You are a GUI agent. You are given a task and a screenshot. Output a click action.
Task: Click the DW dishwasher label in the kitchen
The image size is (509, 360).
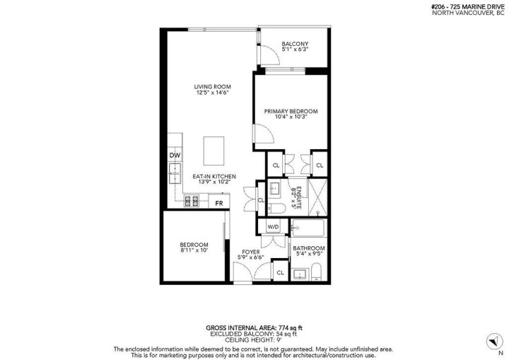pyautogui.click(x=175, y=155)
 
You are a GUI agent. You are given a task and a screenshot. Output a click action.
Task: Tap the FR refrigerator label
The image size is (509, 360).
pyautogui.click(x=219, y=202)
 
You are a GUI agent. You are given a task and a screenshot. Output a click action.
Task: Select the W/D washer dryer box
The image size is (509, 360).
pyautogui.click(x=273, y=227)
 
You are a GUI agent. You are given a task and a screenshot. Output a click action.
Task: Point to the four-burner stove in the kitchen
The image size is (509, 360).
pyautogui.click(x=191, y=202)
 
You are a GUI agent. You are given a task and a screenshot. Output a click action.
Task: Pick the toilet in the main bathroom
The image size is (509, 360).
pyautogui.click(x=316, y=271)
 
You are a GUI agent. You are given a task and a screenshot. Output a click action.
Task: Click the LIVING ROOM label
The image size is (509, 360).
pyautogui.click(x=213, y=88)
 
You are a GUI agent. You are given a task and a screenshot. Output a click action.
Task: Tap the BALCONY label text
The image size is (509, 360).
pyautogui.click(x=294, y=44)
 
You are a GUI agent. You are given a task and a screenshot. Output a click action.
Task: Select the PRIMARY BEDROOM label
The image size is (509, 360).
pyautogui.click(x=291, y=111)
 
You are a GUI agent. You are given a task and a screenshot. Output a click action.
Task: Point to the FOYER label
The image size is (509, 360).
pyautogui.click(x=250, y=252)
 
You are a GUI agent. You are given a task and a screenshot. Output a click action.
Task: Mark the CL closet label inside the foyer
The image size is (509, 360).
pyautogui.click(x=279, y=272)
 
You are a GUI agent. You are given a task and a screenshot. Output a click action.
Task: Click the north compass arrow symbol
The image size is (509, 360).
pyautogui.click(x=490, y=341)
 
